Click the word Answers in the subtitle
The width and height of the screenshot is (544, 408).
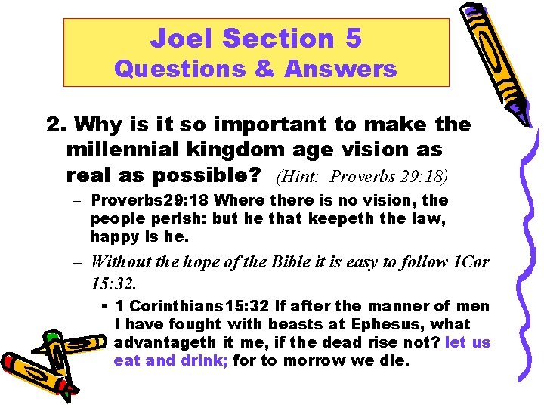point(341,70)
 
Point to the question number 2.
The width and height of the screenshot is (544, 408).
point(53,124)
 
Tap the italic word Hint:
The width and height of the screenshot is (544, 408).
point(302,177)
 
